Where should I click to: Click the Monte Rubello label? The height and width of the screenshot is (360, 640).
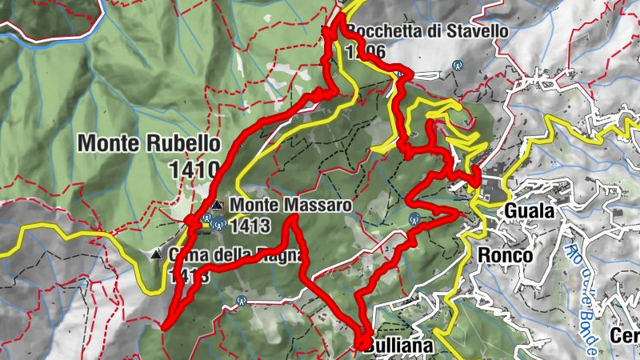tap(149, 144)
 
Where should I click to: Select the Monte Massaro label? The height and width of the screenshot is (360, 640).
tap(290, 205)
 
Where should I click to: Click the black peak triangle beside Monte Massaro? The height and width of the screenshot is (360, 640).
tap(216, 206)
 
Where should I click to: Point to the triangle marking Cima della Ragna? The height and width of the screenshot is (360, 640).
tap(155, 255)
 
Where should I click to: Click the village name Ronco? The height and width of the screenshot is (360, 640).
tap(505, 255)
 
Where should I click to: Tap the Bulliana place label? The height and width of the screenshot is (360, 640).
tap(398, 346)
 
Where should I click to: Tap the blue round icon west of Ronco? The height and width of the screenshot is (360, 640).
tap(414, 218)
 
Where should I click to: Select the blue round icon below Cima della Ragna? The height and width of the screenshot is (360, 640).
tap(241, 301)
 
